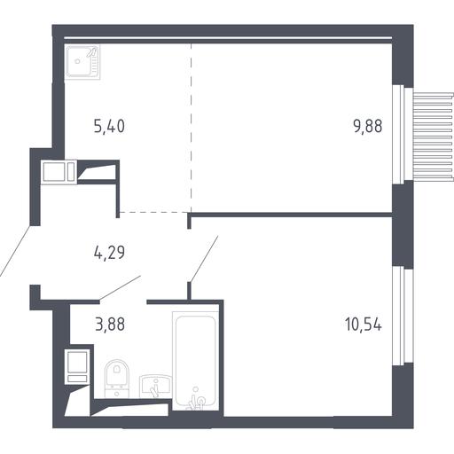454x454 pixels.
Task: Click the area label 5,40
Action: coord(109,127)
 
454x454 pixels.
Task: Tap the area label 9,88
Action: coord(367,126)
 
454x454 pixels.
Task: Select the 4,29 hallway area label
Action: coord(109,253)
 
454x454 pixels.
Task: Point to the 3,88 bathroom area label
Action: coord(110,324)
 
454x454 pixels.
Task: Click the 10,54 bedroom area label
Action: coord(364,324)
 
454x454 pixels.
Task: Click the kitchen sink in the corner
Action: coord(82,62)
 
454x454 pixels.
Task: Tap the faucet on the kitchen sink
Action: coord(92,52)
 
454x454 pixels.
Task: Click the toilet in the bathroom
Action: coord(117,379)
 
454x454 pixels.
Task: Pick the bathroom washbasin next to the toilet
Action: coord(155,386)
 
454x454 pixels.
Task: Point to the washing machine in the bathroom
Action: coord(77,366)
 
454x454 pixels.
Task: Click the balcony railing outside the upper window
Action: coord(433,136)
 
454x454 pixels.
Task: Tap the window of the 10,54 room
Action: coord(398,316)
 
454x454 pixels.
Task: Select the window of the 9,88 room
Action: coord(398,135)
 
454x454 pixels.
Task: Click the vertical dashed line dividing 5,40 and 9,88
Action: coord(192,128)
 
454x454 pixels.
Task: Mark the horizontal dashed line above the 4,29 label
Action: coord(153,212)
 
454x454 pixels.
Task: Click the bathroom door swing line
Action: coord(120,287)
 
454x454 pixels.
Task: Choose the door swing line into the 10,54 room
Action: coord(204,259)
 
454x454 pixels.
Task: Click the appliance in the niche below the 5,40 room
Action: coord(59,172)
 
